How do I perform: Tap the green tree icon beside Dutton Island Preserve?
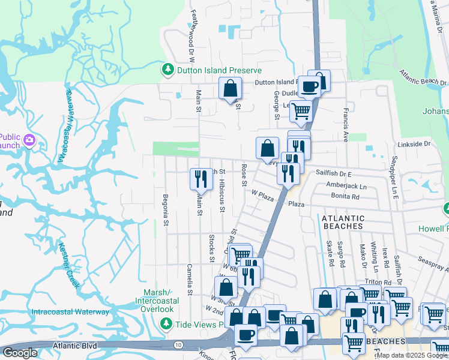coord(169,70)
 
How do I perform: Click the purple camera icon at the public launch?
coord(29,140)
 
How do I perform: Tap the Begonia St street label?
coord(166,210)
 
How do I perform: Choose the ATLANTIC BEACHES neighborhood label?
coord(351,222)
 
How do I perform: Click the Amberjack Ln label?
coord(346,187)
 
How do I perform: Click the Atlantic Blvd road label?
coord(74,345)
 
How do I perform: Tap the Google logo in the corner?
coord(20,353)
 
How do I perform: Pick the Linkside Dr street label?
coord(414,144)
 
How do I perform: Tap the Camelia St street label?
coord(189,280)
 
